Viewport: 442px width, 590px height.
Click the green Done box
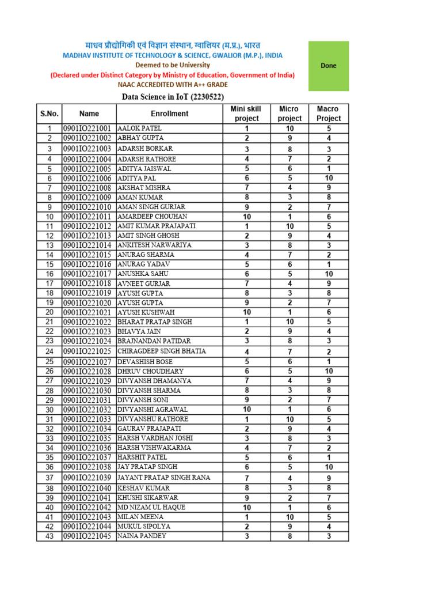[x=328, y=66]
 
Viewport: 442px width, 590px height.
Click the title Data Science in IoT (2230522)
[x=173, y=97]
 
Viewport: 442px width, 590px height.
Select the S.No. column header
[x=49, y=114]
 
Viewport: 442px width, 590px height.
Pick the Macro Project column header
[x=329, y=114]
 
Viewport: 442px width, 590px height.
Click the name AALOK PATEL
[x=140, y=128]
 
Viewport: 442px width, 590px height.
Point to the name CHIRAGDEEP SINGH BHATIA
[x=162, y=351]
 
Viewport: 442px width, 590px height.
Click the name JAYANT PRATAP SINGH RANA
[x=164, y=478]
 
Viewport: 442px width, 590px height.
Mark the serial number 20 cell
[x=49, y=312]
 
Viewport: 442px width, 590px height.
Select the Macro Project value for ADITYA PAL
[x=329, y=178]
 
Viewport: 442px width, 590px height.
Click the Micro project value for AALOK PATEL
[x=289, y=128]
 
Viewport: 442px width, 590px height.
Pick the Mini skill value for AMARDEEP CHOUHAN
[x=246, y=217]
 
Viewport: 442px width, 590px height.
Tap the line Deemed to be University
[x=172, y=65]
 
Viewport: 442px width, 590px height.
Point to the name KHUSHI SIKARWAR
[x=148, y=497]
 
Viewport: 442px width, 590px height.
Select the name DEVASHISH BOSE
[x=146, y=361]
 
